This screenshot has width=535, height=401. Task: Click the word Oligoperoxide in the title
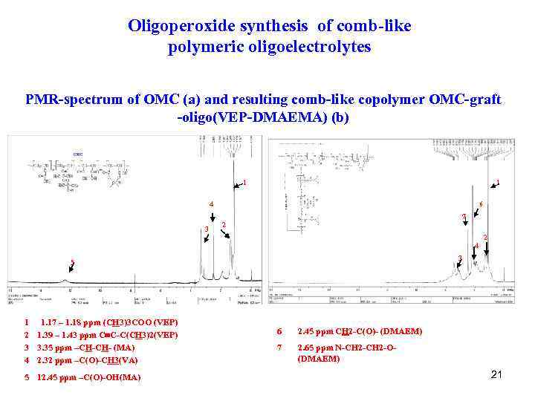click(173, 27)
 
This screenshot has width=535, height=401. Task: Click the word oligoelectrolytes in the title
click(313, 48)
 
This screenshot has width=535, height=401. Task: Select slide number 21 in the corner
click(496, 374)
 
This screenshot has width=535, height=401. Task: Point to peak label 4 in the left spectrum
click(211, 204)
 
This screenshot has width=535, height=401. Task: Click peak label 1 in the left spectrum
click(244, 183)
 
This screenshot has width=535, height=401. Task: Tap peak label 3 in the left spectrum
click(206, 229)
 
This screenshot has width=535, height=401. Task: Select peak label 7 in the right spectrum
click(463, 217)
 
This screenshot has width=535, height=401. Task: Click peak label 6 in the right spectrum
click(481, 204)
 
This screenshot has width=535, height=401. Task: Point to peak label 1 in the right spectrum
click(498, 182)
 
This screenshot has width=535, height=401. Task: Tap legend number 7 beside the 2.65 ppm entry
click(279, 347)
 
